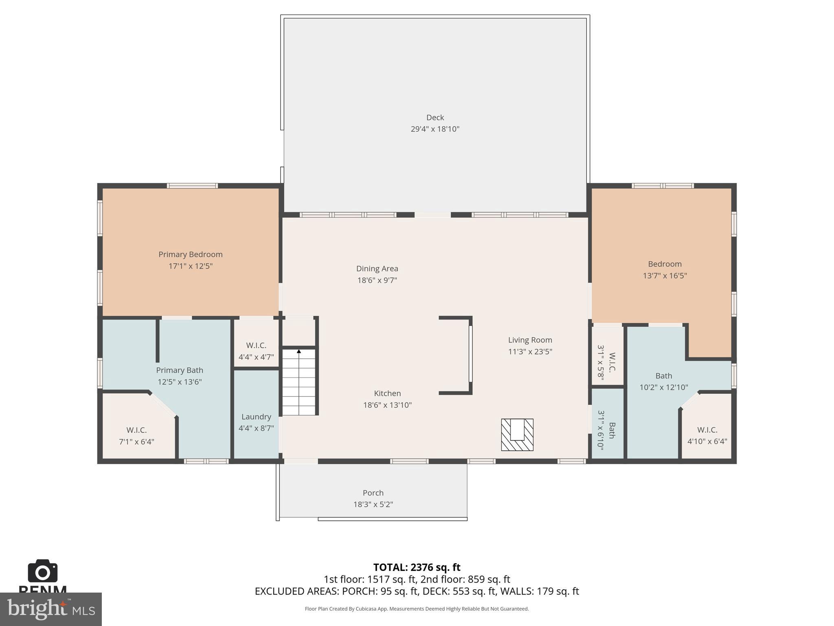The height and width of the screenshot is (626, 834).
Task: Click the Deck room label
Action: (x=435, y=117)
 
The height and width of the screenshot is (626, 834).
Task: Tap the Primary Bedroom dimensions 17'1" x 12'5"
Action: (x=191, y=266)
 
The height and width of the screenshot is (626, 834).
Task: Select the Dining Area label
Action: (x=377, y=269)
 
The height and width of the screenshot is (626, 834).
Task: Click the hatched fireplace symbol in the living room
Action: (x=517, y=435)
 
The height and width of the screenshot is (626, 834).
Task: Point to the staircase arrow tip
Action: (x=299, y=351)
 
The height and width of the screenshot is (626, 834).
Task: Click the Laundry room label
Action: (x=256, y=417)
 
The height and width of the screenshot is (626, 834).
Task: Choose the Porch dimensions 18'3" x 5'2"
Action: (x=373, y=505)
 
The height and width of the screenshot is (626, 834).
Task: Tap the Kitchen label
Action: (x=387, y=393)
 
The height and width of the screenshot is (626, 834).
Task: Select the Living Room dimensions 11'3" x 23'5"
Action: (x=530, y=351)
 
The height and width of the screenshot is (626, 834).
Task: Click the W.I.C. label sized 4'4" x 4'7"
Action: (x=256, y=346)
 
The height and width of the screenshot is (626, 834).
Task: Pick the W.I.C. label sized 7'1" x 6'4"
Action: (x=136, y=430)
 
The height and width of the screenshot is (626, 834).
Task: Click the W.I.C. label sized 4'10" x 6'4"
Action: (x=707, y=430)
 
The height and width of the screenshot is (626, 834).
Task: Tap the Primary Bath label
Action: (x=180, y=370)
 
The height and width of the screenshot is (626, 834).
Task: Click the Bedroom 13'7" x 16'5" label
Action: (x=665, y=264)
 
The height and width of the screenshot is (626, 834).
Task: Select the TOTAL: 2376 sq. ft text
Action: (x=417, y=567)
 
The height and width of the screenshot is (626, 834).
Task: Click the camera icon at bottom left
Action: (x=42, y=571)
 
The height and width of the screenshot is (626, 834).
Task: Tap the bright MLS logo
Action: (x=51, y=609)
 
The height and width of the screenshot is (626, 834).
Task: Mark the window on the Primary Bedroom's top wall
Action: (x=192, y=186)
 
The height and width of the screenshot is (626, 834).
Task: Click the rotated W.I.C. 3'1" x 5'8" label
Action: (x=606, y=362)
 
